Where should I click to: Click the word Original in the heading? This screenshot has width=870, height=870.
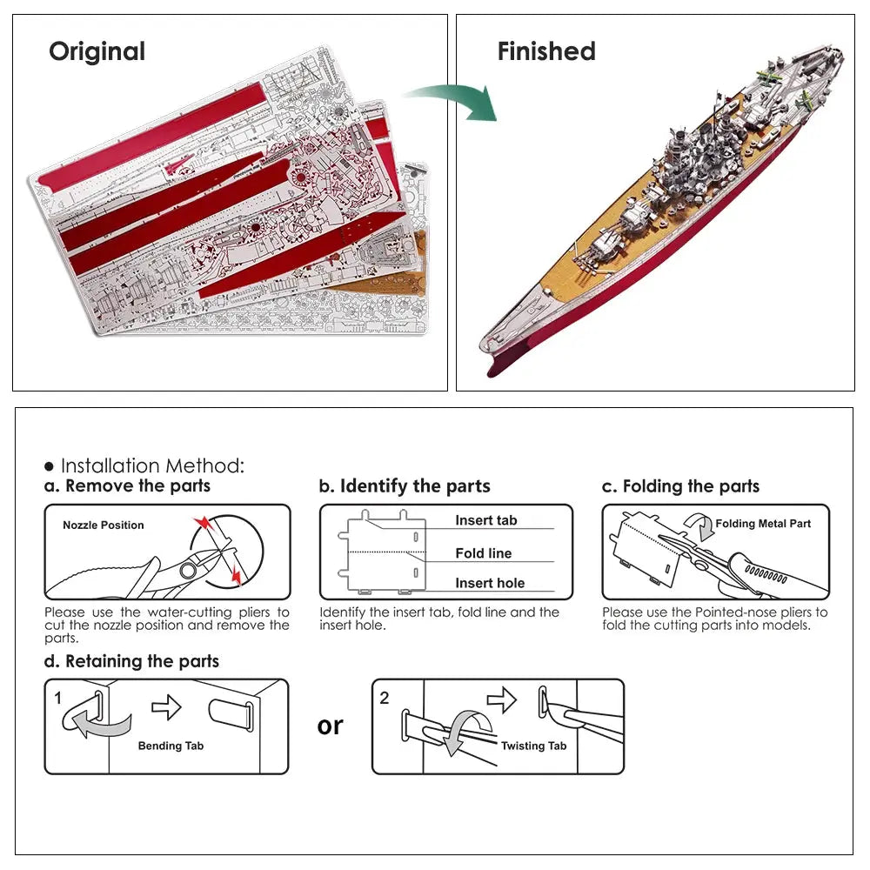97,51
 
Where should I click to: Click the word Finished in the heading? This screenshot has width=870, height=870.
546,51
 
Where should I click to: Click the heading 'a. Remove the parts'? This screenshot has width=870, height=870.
128,486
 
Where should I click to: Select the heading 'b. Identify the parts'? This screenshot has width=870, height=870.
405,486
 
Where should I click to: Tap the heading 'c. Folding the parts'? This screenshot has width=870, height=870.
680,486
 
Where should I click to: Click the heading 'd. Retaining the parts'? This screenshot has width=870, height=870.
131,661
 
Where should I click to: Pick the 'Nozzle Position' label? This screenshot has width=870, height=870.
104,525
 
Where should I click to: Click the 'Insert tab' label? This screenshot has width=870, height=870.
485,520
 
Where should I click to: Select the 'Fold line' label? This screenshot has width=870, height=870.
483,553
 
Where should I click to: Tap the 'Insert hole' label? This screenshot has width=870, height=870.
490,583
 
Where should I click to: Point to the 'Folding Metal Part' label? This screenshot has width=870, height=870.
763,524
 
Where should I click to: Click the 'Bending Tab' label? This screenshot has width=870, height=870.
171,746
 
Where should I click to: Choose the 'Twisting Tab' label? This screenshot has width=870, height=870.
533,746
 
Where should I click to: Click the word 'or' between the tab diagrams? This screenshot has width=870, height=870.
331,726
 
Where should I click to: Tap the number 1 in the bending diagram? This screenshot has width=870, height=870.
58,698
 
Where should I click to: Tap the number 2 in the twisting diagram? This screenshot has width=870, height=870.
385,698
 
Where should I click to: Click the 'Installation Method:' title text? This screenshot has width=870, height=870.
152,466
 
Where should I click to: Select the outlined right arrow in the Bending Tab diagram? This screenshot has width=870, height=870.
166,707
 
